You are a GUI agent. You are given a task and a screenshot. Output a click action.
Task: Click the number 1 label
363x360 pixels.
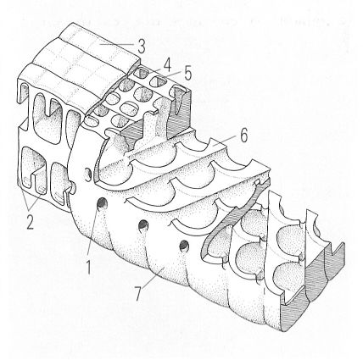click(89, 267)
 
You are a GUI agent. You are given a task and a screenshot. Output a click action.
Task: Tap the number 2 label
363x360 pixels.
click(31, 221)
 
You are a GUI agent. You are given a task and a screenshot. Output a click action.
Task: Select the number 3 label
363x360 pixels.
click(142, 47)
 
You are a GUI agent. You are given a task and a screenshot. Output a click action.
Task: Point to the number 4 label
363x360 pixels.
click(167, 66)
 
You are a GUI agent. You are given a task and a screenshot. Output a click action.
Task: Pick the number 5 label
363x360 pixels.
click(187, 73)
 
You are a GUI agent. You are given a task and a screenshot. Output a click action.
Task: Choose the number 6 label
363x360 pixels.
click(243, 136)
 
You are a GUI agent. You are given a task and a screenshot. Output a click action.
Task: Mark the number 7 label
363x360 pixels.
click(138, 294)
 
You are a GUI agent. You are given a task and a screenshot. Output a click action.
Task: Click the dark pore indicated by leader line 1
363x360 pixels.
click(102, 203)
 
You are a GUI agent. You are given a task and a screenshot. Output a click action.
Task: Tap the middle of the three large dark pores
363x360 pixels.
click(143, 225)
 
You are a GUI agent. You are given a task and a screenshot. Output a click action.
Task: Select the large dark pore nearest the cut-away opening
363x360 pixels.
click(184, 246)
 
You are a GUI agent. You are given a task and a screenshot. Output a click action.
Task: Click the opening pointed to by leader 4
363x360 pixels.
click(139, 74)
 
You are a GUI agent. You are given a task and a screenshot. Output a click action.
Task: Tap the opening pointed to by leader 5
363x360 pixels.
click(157, 81)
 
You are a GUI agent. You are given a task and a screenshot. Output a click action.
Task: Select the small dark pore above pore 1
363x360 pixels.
click(88, 174)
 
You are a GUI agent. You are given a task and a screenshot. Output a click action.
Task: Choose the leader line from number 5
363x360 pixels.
click(172, 75)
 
